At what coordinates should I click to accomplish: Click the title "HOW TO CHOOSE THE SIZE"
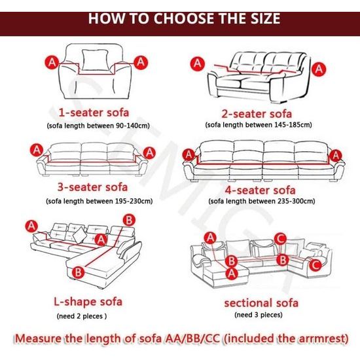click(184, 18)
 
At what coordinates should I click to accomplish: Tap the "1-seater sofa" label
click(94, 113)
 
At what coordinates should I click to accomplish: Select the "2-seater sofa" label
click(257, 113)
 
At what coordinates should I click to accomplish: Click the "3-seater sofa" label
click(92, 187)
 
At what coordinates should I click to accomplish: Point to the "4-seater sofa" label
click(260, 190)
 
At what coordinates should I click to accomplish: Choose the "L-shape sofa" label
click(88, 302)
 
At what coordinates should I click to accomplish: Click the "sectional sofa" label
click(261, 303)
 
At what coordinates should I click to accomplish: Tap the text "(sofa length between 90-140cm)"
click(98, 126)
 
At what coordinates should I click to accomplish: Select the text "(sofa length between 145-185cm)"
click(259, 125)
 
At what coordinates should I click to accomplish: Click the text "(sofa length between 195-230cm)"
click(99, 202)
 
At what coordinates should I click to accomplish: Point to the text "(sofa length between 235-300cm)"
click(262, 202)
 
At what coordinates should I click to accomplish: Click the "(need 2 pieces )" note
click(82, 316)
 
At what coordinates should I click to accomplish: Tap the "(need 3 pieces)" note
click(259, 315)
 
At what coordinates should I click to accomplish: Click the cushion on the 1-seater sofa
click(95, 60)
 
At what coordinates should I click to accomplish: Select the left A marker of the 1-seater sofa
click(52, 62)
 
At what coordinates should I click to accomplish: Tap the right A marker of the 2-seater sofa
click(319, 69)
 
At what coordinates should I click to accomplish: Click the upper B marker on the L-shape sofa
click(129, 221)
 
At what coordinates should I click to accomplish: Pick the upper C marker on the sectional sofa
click(280, 239)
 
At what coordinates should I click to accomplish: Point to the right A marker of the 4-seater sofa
click(336, 155)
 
